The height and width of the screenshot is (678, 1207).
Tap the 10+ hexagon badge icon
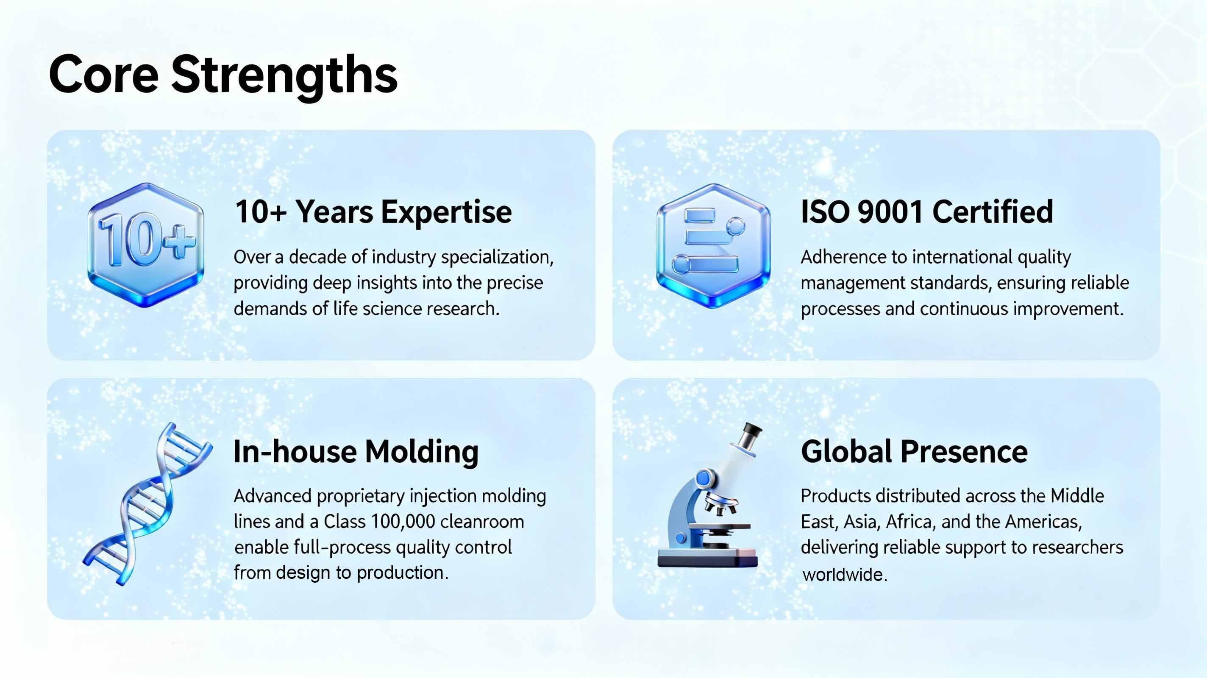click(146, 245)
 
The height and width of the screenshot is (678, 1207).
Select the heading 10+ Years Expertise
click(373, 212)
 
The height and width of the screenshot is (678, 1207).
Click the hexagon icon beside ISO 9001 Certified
click(713, 245)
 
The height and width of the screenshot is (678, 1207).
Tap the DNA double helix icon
click(147, 504)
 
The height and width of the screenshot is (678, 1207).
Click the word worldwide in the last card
click(844, 575)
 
